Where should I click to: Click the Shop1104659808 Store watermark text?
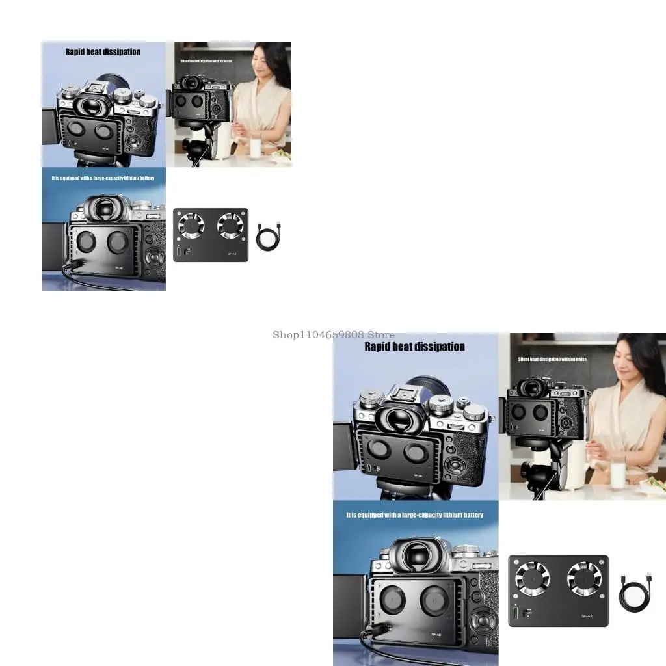coord(333,335)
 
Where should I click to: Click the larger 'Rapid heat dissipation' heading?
coord(414,347)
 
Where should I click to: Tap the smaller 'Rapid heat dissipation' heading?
coord(103,52)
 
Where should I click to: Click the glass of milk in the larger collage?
coord(617,471)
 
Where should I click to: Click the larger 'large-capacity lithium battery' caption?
coord(414,515)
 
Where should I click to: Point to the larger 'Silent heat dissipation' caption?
coord(552,359)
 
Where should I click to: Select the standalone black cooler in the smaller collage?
coord(211,235)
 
